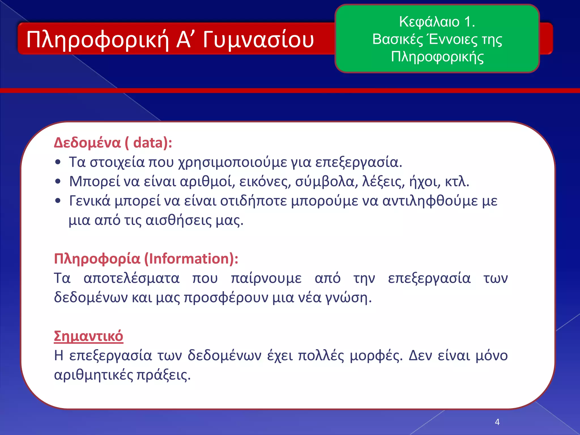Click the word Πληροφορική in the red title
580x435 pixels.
click(x=98, y=40)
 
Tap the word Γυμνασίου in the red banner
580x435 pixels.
click(x=258, y=40)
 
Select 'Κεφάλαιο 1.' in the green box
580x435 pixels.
click(x=437, y=22)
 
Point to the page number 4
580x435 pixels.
click(x=497, y=422)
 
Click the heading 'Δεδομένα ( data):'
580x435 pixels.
click(x=113, y=142)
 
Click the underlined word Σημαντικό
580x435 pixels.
click(x=88, y=336)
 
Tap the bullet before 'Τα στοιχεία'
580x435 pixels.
click(x=58, y=162)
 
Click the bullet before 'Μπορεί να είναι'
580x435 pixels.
click(x=58, y=182)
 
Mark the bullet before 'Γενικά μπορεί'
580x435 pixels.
click(x=58, y=201)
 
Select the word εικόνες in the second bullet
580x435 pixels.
click(x=265, y=182)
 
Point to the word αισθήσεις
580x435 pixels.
click(x=178, y=220)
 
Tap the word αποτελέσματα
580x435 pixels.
click(x=131, y=278)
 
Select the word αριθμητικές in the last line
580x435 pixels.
click(x=93, y=375)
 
